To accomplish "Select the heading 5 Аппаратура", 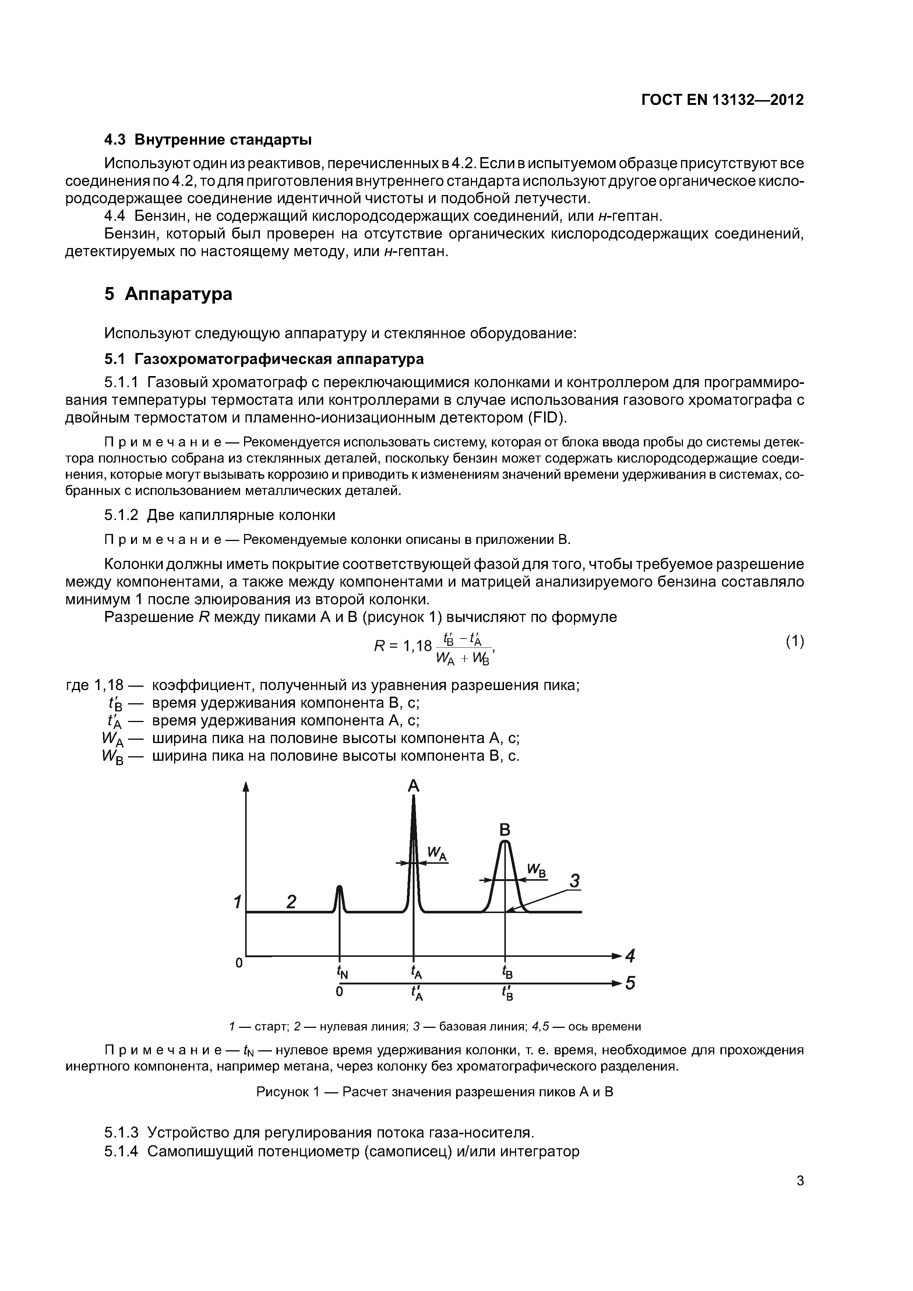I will point(168,294).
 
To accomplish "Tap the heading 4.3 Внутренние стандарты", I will point(208,139).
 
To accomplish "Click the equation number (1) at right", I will point(794,641).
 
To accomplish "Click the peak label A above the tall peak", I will point(413,785).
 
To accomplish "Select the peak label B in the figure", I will point(505,830).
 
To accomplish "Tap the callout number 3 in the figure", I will point(574,881).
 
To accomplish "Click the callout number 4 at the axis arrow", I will point(630,955).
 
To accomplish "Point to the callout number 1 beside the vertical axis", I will point(237,902).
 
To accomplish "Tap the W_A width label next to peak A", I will point(437,854).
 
